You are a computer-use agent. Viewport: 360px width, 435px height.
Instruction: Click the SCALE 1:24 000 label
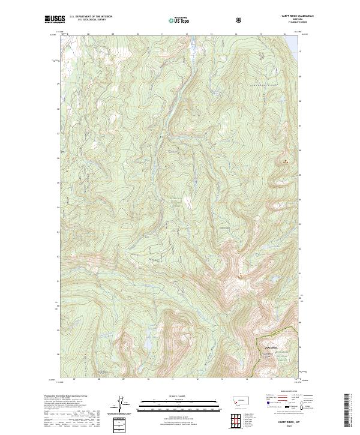click(173, 396)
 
